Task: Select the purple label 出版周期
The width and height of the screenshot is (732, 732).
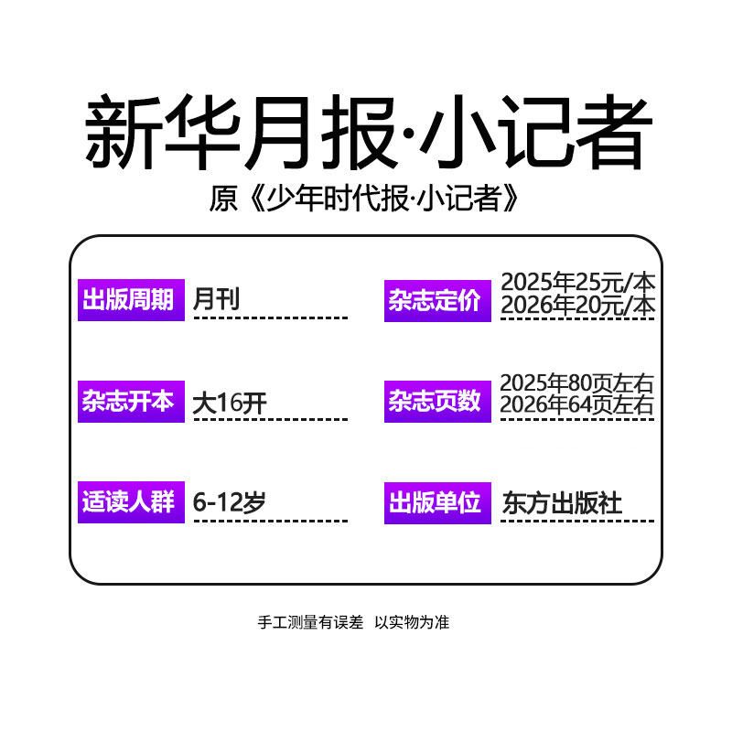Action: tap(130, 299)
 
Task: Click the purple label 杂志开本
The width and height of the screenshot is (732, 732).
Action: tap(130, 402)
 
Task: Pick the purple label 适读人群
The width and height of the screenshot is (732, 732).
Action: tap(130, 503)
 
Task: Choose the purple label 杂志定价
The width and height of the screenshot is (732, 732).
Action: tap(436, 300)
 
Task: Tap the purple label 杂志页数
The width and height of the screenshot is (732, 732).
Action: tap(436, 402)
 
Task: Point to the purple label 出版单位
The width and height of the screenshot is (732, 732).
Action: tap(436, 503)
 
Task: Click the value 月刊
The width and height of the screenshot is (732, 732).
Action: tap(217, 299)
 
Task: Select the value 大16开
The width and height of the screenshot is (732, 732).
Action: tap(230, 402)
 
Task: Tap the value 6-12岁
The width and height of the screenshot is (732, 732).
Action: tap(230, 502)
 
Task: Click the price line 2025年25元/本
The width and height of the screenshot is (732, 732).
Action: tap(578, 281)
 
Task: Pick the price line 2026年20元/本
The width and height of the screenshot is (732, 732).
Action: tap(578, 306)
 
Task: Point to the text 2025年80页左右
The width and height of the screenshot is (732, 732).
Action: tap(578, 383)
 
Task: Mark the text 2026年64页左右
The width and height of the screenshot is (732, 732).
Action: tap(578, 406)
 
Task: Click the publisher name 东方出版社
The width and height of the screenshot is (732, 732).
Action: tap(562, 503)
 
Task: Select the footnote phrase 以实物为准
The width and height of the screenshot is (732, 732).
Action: tap(412, 623)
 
